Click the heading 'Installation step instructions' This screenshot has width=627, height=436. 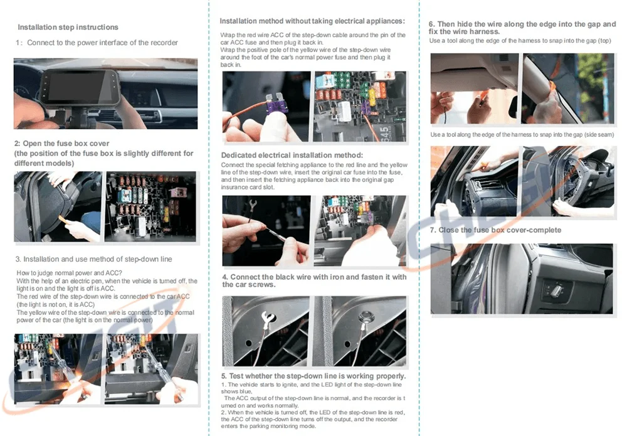click(68, 27)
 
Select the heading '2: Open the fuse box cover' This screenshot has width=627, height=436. click(62, 143)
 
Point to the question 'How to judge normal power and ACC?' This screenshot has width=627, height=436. click(69, 273)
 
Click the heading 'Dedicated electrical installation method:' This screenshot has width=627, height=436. click(292, 155)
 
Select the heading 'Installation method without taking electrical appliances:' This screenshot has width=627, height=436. click(312, 21)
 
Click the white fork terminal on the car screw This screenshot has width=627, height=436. click(268, 318)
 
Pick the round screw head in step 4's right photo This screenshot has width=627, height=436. click(365, 317)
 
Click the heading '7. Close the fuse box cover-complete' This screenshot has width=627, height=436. click(495, 230)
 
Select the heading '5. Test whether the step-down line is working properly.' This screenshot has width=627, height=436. click(313, 376)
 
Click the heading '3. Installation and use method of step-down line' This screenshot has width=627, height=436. click(94, 259)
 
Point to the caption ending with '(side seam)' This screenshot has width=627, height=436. click(522, 134)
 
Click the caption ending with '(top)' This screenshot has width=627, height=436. click(520, 40)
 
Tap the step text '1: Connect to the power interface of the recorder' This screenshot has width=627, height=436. click(97, 43)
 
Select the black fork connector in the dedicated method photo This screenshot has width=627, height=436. click(252, 206)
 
